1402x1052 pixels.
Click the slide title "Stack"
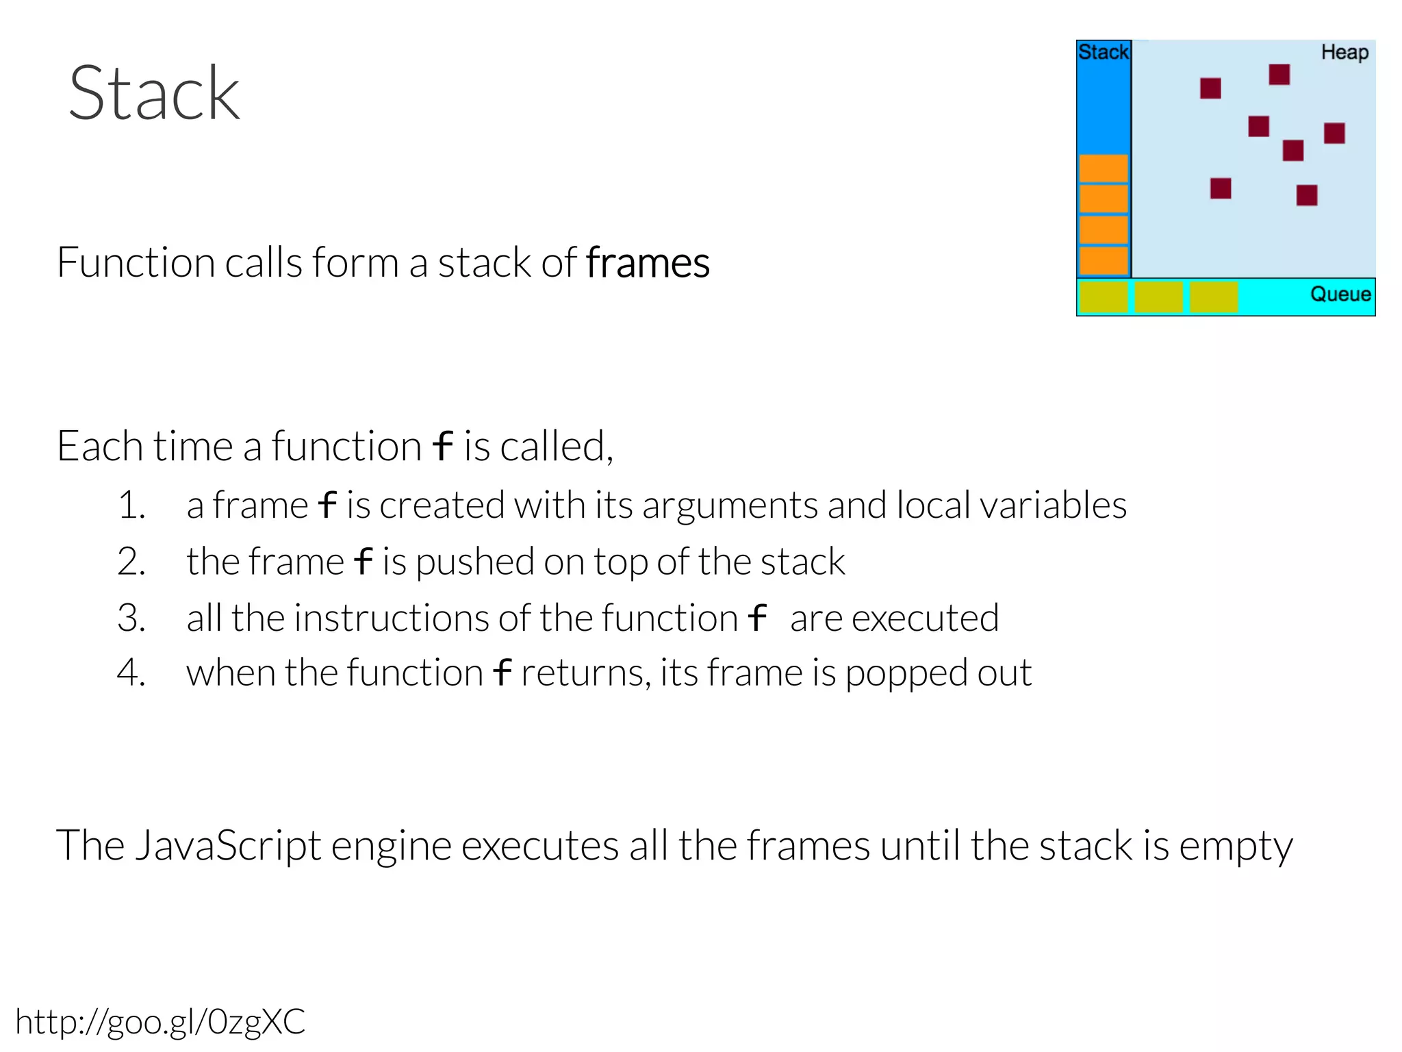154,94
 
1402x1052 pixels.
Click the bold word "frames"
648,263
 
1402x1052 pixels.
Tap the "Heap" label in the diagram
1344,53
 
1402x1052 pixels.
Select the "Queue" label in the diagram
1340,295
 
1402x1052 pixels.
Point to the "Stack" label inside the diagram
1103,52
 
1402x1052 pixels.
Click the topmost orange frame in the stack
1104,168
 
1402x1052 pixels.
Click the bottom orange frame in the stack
1104,260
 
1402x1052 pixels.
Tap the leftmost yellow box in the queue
1104,297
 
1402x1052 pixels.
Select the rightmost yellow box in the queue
1213,297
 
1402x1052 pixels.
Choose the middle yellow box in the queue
1158,297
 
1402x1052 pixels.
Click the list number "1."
131,506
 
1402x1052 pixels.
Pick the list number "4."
131,673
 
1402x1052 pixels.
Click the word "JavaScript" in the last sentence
228,846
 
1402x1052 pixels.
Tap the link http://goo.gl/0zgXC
160,1022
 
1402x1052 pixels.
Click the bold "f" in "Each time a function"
443,447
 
